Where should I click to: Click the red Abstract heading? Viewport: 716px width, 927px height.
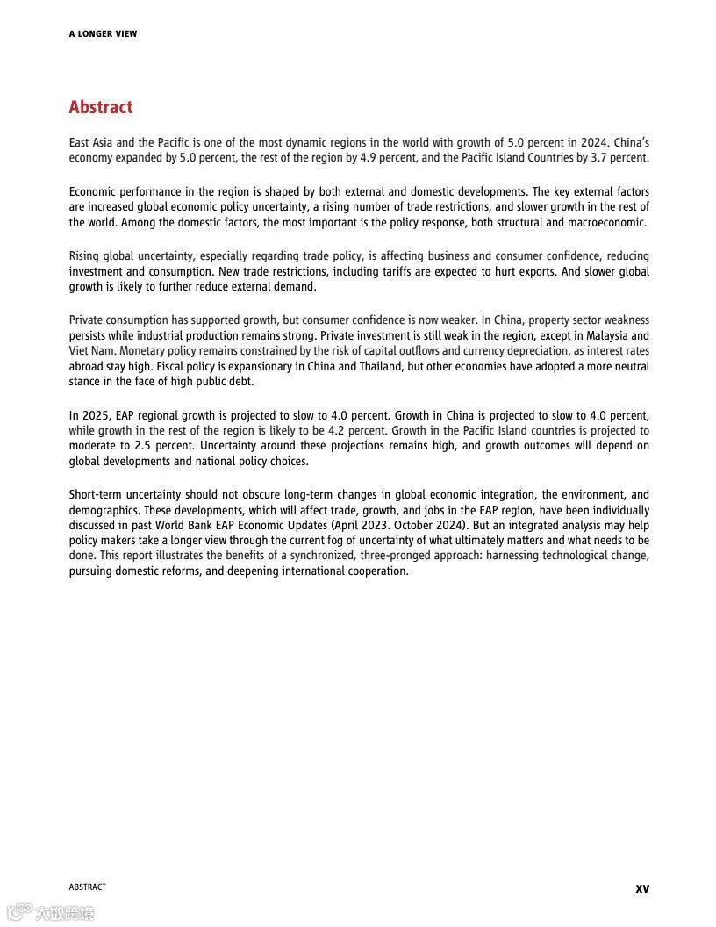pyautogui.click(x=101, y=107)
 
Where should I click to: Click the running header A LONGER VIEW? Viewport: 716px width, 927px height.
pyautogui.click(x=103, y=34)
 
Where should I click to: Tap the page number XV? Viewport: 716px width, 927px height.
pyautogui.click(x=642, y=888)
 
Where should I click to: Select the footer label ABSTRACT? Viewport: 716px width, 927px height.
pyautogui.click(x=87, y=887)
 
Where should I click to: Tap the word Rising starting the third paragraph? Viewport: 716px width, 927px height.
pyautogui.click(x=85, y=256)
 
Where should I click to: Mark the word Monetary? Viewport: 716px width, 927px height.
pyautogui.click(x=124, y=350)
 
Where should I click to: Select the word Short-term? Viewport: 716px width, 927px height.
pyautogui.click(x=95, y=495)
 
